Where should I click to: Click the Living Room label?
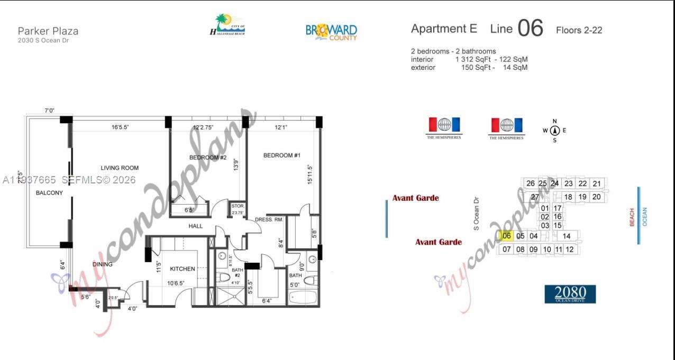coord(120,168)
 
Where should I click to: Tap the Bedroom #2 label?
coord(208,158)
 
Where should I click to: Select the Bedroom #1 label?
coord(282,155)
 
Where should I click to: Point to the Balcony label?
coord(49,193)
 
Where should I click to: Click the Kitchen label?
coord(183,269)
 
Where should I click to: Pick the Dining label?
coord(103,264)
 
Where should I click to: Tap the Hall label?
coord(196,226)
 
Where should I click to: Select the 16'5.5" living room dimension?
coord(121,127)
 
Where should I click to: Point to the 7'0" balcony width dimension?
coord(49,111)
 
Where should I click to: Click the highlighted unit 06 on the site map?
coord(506,236)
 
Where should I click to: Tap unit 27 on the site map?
coord(535,197)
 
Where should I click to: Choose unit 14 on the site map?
coord(567,236)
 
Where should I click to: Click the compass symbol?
coord(554,131)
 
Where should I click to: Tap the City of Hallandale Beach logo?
coord(227,25)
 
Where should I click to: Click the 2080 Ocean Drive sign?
coord(570,294)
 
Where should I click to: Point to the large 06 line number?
coord(530,29)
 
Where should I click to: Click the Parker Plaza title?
coord(48,31)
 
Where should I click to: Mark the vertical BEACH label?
coord(632,217)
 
